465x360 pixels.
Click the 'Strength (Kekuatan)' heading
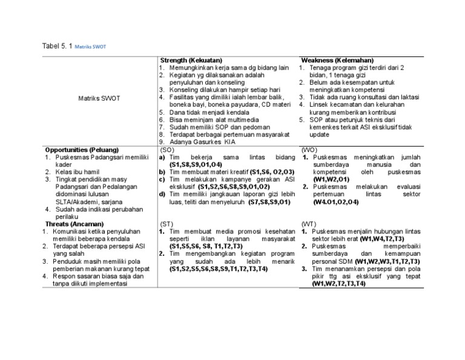click(x=191, y=61)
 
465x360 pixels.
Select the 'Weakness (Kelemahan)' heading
click(x=337, y=61)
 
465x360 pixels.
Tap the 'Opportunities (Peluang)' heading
click(x=82, y=150)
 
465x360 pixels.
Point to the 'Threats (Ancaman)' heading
click(x=72, y=223)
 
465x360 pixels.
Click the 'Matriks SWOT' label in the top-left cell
click(x=100, y=98)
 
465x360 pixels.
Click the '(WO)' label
click(x=309, y=150)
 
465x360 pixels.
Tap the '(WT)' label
click(x=308, y=224)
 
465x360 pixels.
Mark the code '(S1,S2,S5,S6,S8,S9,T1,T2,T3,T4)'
click(x=219, y=268)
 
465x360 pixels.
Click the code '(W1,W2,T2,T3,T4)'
click(x=338, y=283)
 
